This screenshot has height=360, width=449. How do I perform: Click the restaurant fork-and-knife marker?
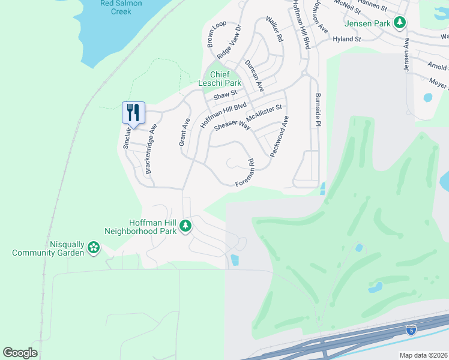[133, 112]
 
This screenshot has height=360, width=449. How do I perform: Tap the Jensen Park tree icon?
[399, 24]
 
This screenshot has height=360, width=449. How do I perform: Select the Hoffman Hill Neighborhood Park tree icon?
[186, 226]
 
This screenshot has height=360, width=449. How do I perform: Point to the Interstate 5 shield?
[411, 329]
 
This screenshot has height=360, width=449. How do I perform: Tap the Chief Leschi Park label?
[224, 79]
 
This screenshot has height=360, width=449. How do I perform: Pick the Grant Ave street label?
[184, 131]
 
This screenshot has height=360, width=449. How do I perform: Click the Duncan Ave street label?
[254, 76]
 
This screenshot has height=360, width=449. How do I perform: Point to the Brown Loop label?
[216, 33]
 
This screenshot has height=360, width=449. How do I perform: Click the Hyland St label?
[348, 39]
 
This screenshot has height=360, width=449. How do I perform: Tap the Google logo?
[20, 353]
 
